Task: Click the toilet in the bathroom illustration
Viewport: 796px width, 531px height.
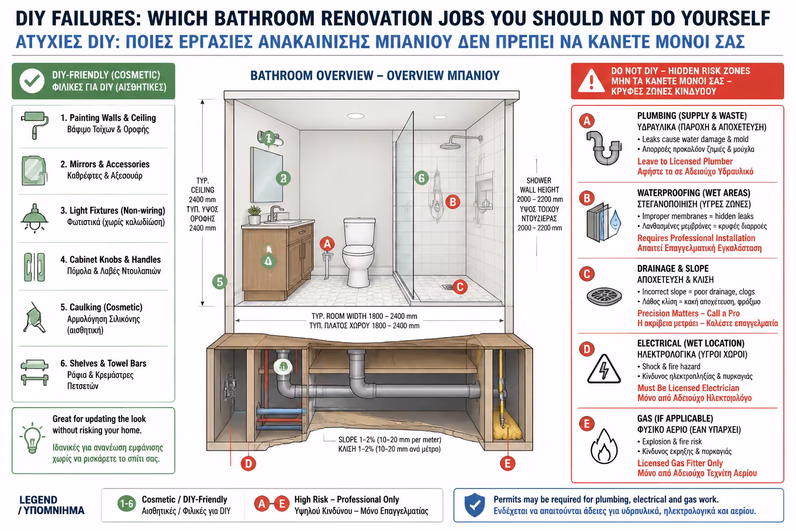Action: [359, 252]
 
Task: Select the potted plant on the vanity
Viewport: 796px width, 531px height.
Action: [254, 215]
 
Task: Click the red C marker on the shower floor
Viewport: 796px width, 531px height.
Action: [460, 287]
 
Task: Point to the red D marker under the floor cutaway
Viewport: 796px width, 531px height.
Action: [248, 464]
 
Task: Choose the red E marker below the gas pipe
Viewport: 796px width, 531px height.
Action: [507, 464]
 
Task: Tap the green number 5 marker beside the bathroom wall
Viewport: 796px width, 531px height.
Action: [220, 282]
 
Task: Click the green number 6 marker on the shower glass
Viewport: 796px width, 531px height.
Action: [421, 178]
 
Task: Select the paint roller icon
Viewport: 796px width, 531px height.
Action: [35, 125]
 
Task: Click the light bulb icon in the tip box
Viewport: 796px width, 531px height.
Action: [32, 438]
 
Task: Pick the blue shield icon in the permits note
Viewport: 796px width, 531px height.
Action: [475, 505]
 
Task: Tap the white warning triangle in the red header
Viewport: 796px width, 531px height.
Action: [591, 81]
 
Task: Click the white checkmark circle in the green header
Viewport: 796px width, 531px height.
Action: [32, 81]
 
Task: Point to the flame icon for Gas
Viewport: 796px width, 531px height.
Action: [604, 446]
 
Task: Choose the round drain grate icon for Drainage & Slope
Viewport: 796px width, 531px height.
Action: [604, 297]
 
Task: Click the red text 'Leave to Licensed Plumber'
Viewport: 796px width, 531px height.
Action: [685, 161]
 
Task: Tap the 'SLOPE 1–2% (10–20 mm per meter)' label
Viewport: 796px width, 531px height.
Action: [390, 440]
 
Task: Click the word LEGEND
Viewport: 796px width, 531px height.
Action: [38, 500]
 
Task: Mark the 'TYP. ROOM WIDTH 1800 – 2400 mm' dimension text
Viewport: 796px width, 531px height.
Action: [364, 316]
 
